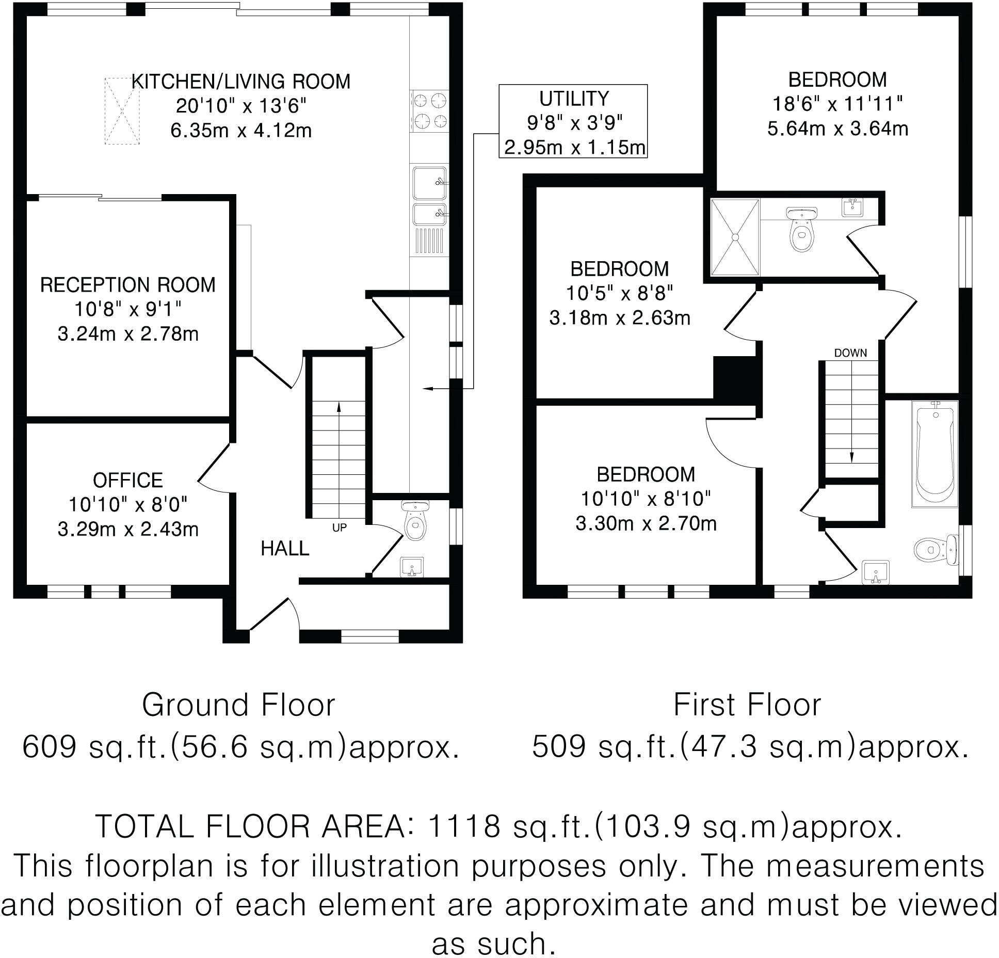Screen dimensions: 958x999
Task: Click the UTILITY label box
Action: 573,121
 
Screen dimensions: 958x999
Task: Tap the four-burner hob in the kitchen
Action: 429,109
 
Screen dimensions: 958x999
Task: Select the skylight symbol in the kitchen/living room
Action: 122,111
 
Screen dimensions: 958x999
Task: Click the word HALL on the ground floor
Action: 285,549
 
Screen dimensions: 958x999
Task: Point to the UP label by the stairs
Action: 339,528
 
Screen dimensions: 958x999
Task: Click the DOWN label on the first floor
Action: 850,353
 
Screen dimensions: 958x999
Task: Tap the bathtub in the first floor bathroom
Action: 934,454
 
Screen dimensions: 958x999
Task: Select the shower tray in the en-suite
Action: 735,237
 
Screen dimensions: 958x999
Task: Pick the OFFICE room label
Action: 127,480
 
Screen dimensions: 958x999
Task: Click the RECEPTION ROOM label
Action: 127,285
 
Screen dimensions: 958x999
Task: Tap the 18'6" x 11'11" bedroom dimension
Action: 837,104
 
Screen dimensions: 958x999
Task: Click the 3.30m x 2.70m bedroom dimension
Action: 646,524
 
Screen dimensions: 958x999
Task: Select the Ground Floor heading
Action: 238,706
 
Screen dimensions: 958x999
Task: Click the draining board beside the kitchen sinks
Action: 429,241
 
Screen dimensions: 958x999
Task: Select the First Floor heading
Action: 747,706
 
